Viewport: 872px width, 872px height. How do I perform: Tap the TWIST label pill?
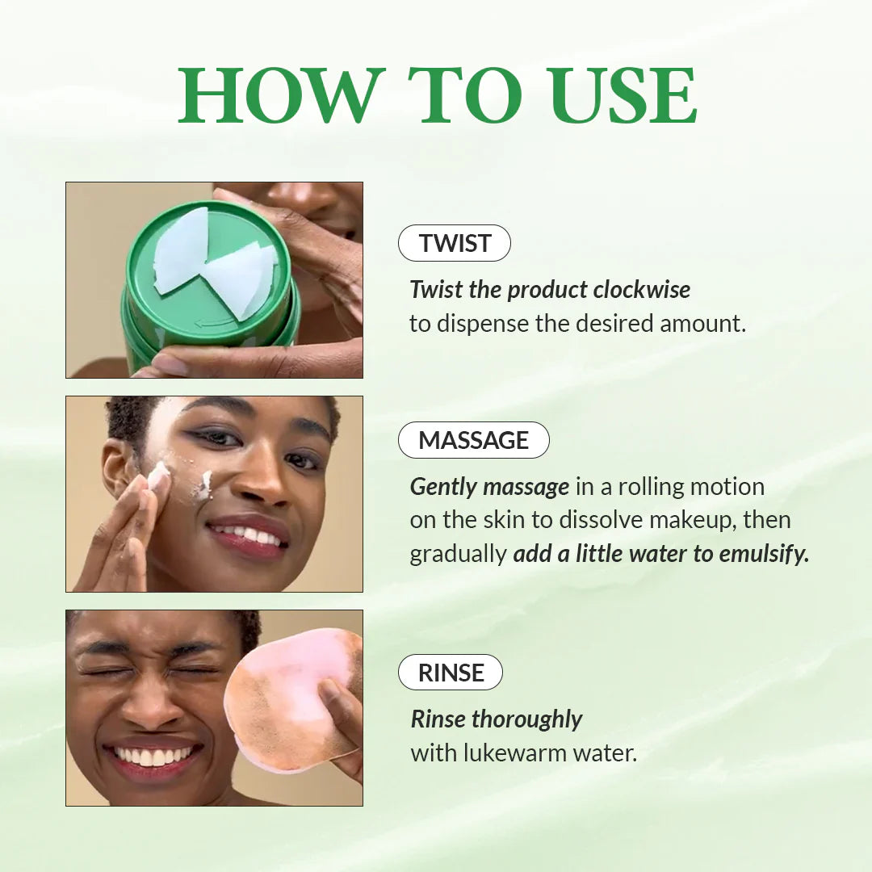click(455, 243)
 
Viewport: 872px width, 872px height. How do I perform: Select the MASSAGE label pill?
click(473, 440)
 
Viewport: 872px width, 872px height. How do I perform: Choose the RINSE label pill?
click(451, 673)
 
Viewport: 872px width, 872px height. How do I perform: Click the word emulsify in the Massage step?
click(761, 554)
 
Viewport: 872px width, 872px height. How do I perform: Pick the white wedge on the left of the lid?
click(181, 250)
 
